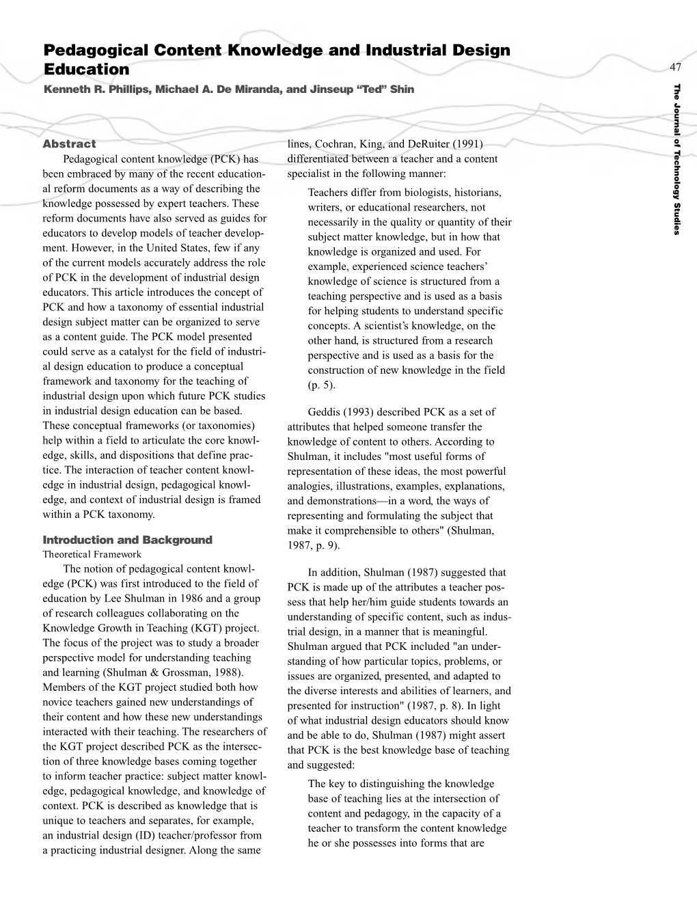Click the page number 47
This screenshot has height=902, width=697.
tap(676, 67)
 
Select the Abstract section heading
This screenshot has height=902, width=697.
tap(69, 144)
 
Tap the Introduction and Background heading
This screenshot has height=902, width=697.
tap(127, 540)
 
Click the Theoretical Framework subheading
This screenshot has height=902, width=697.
tap(92, 554)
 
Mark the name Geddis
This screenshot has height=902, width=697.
tap(325, 412)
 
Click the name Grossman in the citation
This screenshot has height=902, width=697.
tap(187, 672)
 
